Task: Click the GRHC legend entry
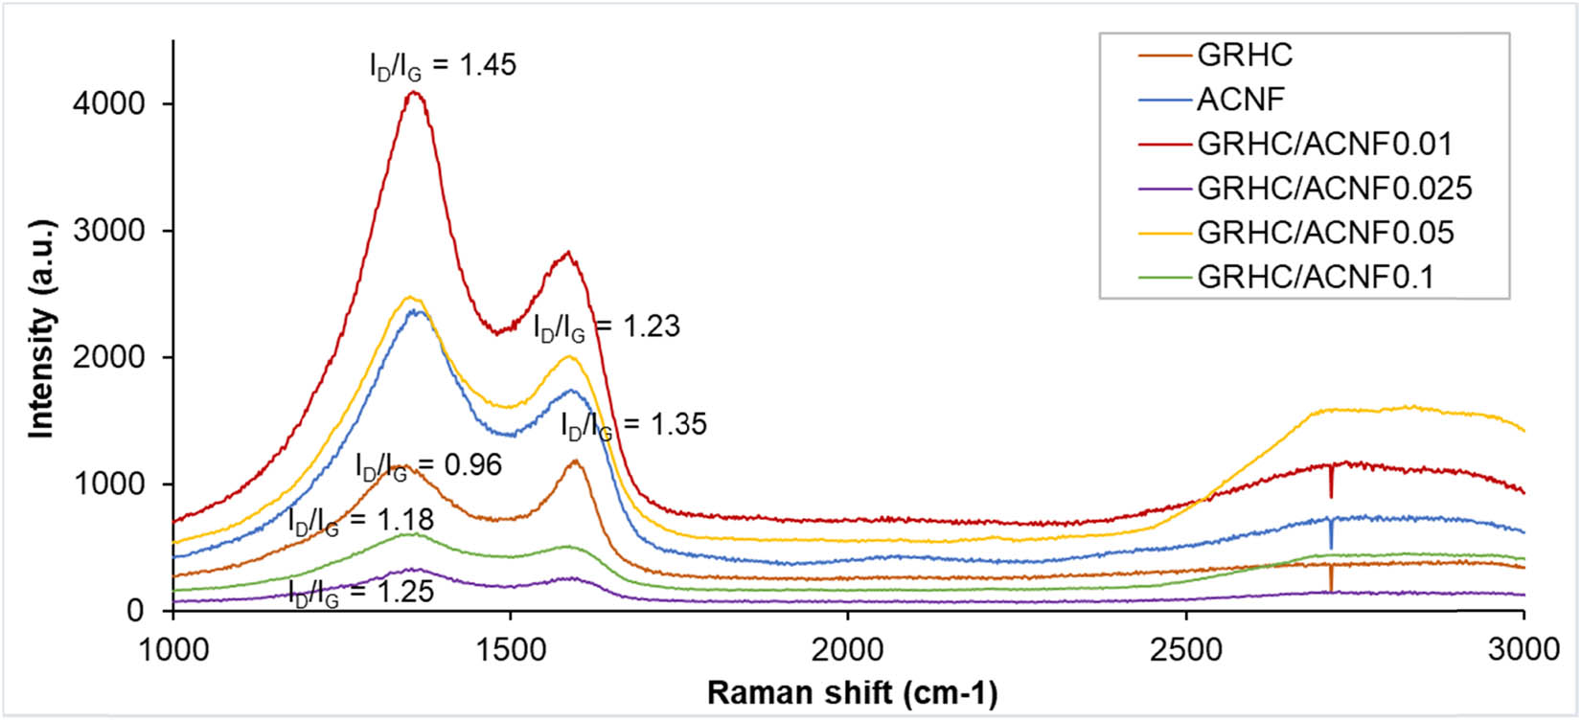point(1245,56)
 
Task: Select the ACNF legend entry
point(1240,100)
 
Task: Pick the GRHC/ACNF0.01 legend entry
point(1324,145)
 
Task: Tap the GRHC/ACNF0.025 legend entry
point(1334,189)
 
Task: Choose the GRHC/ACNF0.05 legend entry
point(1325,233)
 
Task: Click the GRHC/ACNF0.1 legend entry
point(1316,278)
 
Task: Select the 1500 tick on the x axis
point(510,650)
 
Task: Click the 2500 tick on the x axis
point(1186,650)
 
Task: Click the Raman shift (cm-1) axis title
point(852,693)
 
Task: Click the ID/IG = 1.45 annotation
point(443,66)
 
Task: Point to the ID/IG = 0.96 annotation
point(428,466)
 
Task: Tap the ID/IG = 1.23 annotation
point(607,327)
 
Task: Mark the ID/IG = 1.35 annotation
point(633,425)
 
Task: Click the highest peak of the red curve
point(414,93)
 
